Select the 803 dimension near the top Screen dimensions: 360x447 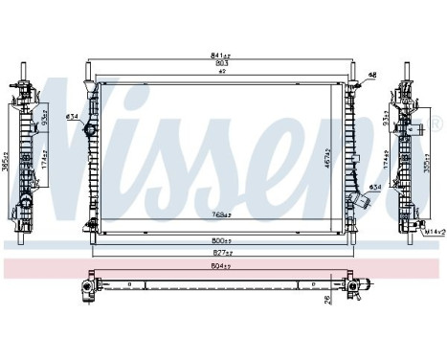click(x=222, y=63)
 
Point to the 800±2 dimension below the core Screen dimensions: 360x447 click(x=222, y=241)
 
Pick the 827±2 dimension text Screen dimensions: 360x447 click(x=222, y=251)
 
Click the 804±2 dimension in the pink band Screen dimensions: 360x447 click(x=222, y=265)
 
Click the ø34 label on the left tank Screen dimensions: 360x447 click(x=72, y=118)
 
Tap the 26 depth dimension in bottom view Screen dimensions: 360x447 click(x=328, y=302)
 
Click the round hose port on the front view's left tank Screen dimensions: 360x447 click(x=92, y=129)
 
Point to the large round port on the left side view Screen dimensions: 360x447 click(x=23, y=207)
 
